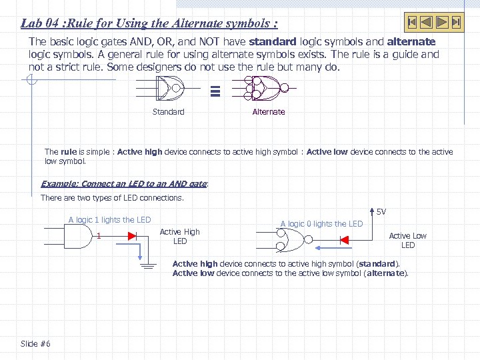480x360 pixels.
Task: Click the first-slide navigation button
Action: pyautogui.click(x=413, y=22)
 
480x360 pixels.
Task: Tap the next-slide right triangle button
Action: pyautogui.click(x=442, y=22)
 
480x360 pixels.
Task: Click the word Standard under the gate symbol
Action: pyautogui.click(x=168, y=112)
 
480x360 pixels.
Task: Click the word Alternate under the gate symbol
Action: pyautogui.click(x=269, y=112)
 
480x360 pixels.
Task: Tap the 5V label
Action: pyautogui.click(x=381, y=212)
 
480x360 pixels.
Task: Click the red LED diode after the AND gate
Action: pyautogui.click(x=131, y=235)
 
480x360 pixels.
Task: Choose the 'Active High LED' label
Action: pyautogui.click(x=179, y=236)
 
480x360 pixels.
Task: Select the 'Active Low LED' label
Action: pyautogui.click(x=407, y=240)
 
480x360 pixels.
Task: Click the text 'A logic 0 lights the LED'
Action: pyautogui.click(x=321, y=224)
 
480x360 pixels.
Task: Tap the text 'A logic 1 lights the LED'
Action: pyautogui.click(x=110, y=220)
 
